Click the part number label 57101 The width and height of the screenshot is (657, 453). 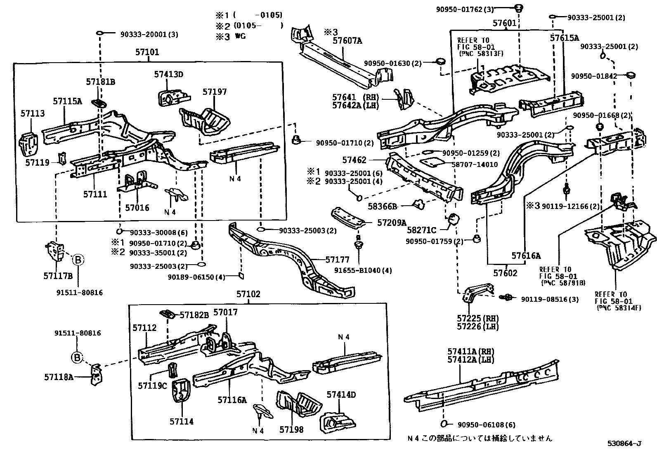tap(147, 52)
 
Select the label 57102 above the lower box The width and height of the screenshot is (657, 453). tap(248, 294)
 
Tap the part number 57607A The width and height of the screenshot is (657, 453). tap(347, 40)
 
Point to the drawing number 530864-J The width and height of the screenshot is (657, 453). tap(624, 444)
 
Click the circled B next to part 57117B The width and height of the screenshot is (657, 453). tap(78, 260)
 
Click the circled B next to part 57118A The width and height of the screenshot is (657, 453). tap(77, 357)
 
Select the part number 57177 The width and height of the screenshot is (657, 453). tap(337, 259)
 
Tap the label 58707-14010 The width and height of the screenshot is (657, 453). tap(474, 164)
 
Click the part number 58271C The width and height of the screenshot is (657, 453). tap(421, 230)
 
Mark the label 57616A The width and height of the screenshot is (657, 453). tap(526, 256)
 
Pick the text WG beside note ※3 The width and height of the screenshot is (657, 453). tap(241, 36)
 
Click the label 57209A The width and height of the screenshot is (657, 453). tap(392, 223)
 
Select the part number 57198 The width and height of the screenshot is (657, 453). tap(291, 430)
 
